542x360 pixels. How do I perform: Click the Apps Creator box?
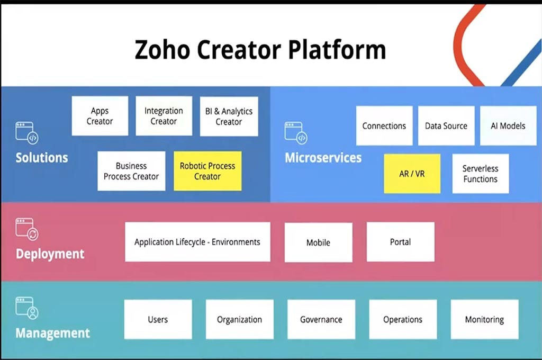tap(100, 116)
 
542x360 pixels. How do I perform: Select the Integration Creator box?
tap(164, 116)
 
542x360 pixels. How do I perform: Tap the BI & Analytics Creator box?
tap(229, 116)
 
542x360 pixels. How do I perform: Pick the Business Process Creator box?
tap(131, 171)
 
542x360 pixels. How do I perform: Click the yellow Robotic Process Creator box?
tap(207, 171)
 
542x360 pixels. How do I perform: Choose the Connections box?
tap(384, 126)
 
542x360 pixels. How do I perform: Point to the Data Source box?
tap(446, 126)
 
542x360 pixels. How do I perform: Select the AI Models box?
tap(508, 126)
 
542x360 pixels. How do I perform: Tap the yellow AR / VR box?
tap(412, 174)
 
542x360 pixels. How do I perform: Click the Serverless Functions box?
tap(481, 174)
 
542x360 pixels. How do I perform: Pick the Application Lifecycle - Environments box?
tap(197, 242)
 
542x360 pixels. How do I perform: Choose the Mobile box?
tap(318, 242)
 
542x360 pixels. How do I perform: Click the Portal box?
tap(401, 242)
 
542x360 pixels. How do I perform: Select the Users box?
tap(158, 319)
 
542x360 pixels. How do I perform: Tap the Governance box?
tap(321, 319)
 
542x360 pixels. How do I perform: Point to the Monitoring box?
tap(484, 319)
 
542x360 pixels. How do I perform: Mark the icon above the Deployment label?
tap(27, 229)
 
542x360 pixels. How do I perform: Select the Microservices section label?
tap(323, 158)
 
